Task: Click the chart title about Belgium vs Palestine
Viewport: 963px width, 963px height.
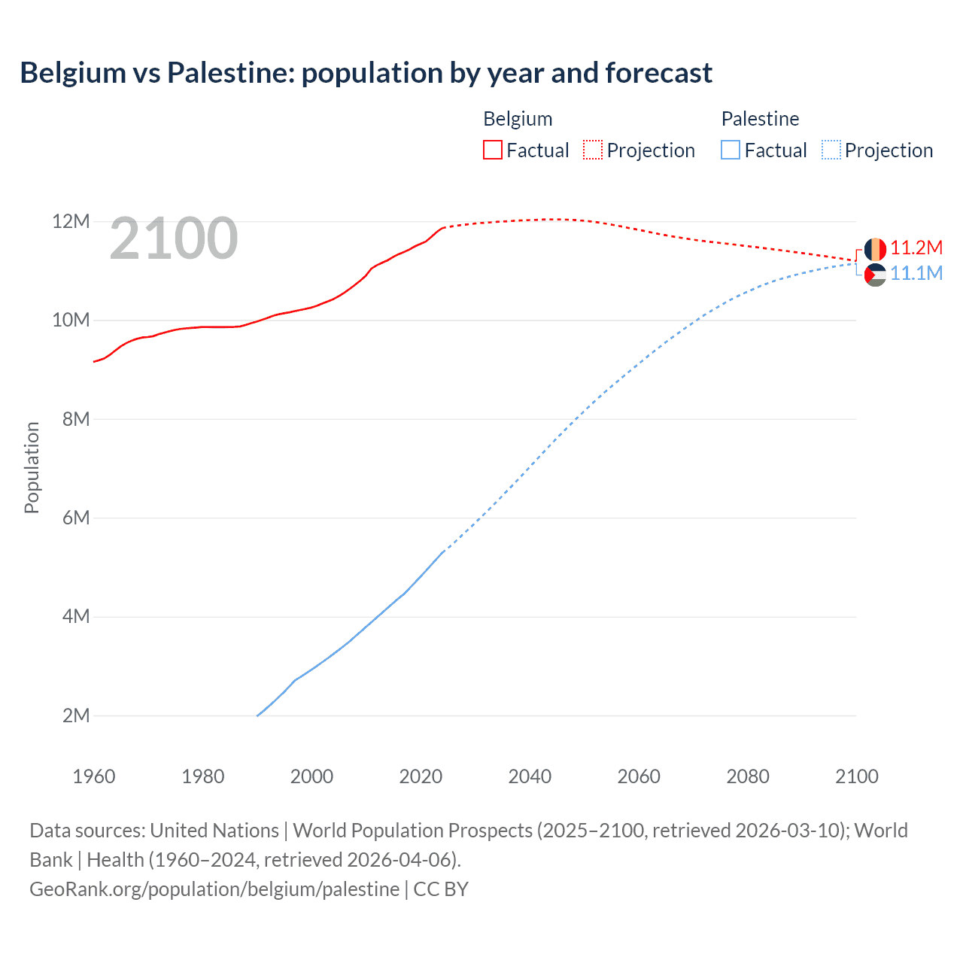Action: coord(366,73)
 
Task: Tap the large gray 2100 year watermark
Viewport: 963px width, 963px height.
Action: coord(174,238)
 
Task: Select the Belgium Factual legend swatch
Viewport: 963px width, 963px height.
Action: coord(492,150)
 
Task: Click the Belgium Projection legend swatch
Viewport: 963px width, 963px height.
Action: coord(593,150)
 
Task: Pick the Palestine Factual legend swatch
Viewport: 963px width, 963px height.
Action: coord(730,150)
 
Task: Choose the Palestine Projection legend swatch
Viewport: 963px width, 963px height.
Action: coord(831,150)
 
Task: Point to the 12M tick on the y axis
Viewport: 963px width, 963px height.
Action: coord(71,221)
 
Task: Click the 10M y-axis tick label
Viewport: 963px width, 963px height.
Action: coord(71,320)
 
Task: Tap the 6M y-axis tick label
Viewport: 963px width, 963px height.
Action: coord(75,518)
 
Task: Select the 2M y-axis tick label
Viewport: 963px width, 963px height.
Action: coord(75,715)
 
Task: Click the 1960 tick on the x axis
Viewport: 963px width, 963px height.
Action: coord(94,776)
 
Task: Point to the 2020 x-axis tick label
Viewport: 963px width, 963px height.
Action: coord(421,776)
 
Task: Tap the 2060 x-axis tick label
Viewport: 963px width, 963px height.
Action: coord(639,776)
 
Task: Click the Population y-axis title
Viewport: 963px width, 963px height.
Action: coord(32,467)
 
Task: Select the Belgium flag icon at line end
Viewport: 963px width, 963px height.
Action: coord(875,249)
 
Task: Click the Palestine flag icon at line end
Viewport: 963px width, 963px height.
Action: coord(875,275)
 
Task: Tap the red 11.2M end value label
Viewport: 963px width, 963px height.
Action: coord(916,248)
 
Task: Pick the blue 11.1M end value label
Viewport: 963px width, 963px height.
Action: coord(916,273)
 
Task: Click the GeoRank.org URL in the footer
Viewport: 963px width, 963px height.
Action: coord(214,889)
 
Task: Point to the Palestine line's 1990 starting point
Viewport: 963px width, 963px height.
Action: coord(257,715)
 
